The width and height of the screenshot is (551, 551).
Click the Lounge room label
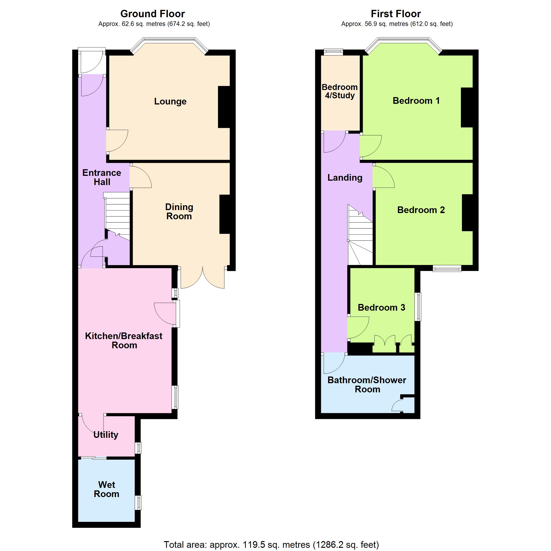click(170, 101)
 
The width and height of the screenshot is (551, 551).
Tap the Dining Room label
click(179, 212)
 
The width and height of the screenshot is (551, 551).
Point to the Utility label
click(106, 435)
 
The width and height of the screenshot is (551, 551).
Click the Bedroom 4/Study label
click(340, 91)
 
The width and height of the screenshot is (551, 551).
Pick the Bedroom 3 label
click(381, 307)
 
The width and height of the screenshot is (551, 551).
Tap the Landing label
click(345, 178)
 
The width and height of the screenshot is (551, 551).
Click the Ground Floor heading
click(153, 14)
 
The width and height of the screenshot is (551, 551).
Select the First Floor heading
click(396, 14)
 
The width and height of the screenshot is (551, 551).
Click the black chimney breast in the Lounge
click(224, 107)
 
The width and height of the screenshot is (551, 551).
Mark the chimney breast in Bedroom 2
click(467, 213)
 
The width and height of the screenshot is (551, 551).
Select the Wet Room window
click(138, 503)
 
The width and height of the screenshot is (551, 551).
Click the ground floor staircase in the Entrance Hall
click(117, 214)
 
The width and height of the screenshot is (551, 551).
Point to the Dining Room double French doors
click(202, 278)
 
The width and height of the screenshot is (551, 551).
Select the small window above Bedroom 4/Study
click(333, 52)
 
